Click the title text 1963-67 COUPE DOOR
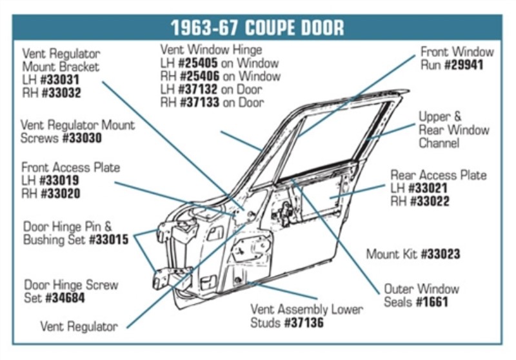tap(257, 28)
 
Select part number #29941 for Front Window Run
tap(463, 65)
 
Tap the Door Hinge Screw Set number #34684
tap(65, 298)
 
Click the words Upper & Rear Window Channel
tap(453, 130)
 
